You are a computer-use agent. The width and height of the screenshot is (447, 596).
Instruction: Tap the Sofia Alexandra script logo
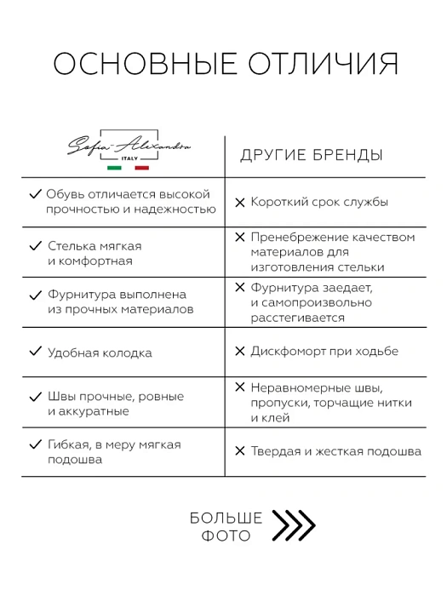point(129,146)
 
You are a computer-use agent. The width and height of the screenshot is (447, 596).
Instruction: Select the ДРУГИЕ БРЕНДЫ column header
point(310,155)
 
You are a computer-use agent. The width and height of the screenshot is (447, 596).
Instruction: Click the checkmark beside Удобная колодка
point(35,351)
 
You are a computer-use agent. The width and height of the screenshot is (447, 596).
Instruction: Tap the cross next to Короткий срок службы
point(239,203)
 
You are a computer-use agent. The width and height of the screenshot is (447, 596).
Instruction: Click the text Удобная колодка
point(100,352)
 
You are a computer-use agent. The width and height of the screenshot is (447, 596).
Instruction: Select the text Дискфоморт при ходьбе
point(324,351)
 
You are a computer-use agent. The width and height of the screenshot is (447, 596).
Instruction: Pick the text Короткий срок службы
point(319,203)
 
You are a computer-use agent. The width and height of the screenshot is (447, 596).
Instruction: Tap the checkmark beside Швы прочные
point(35,396)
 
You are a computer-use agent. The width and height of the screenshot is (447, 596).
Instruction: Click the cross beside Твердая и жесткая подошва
point(239,451)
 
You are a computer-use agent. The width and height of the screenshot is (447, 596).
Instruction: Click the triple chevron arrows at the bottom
point(293,525)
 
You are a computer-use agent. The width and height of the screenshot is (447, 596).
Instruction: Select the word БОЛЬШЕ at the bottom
point(226,518)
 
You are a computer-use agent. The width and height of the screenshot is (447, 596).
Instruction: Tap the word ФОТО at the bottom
point(226,536)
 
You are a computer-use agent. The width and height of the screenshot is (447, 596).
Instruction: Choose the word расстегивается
point(297,318)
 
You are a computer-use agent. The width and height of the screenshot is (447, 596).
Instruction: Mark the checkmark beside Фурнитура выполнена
point(35,295)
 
